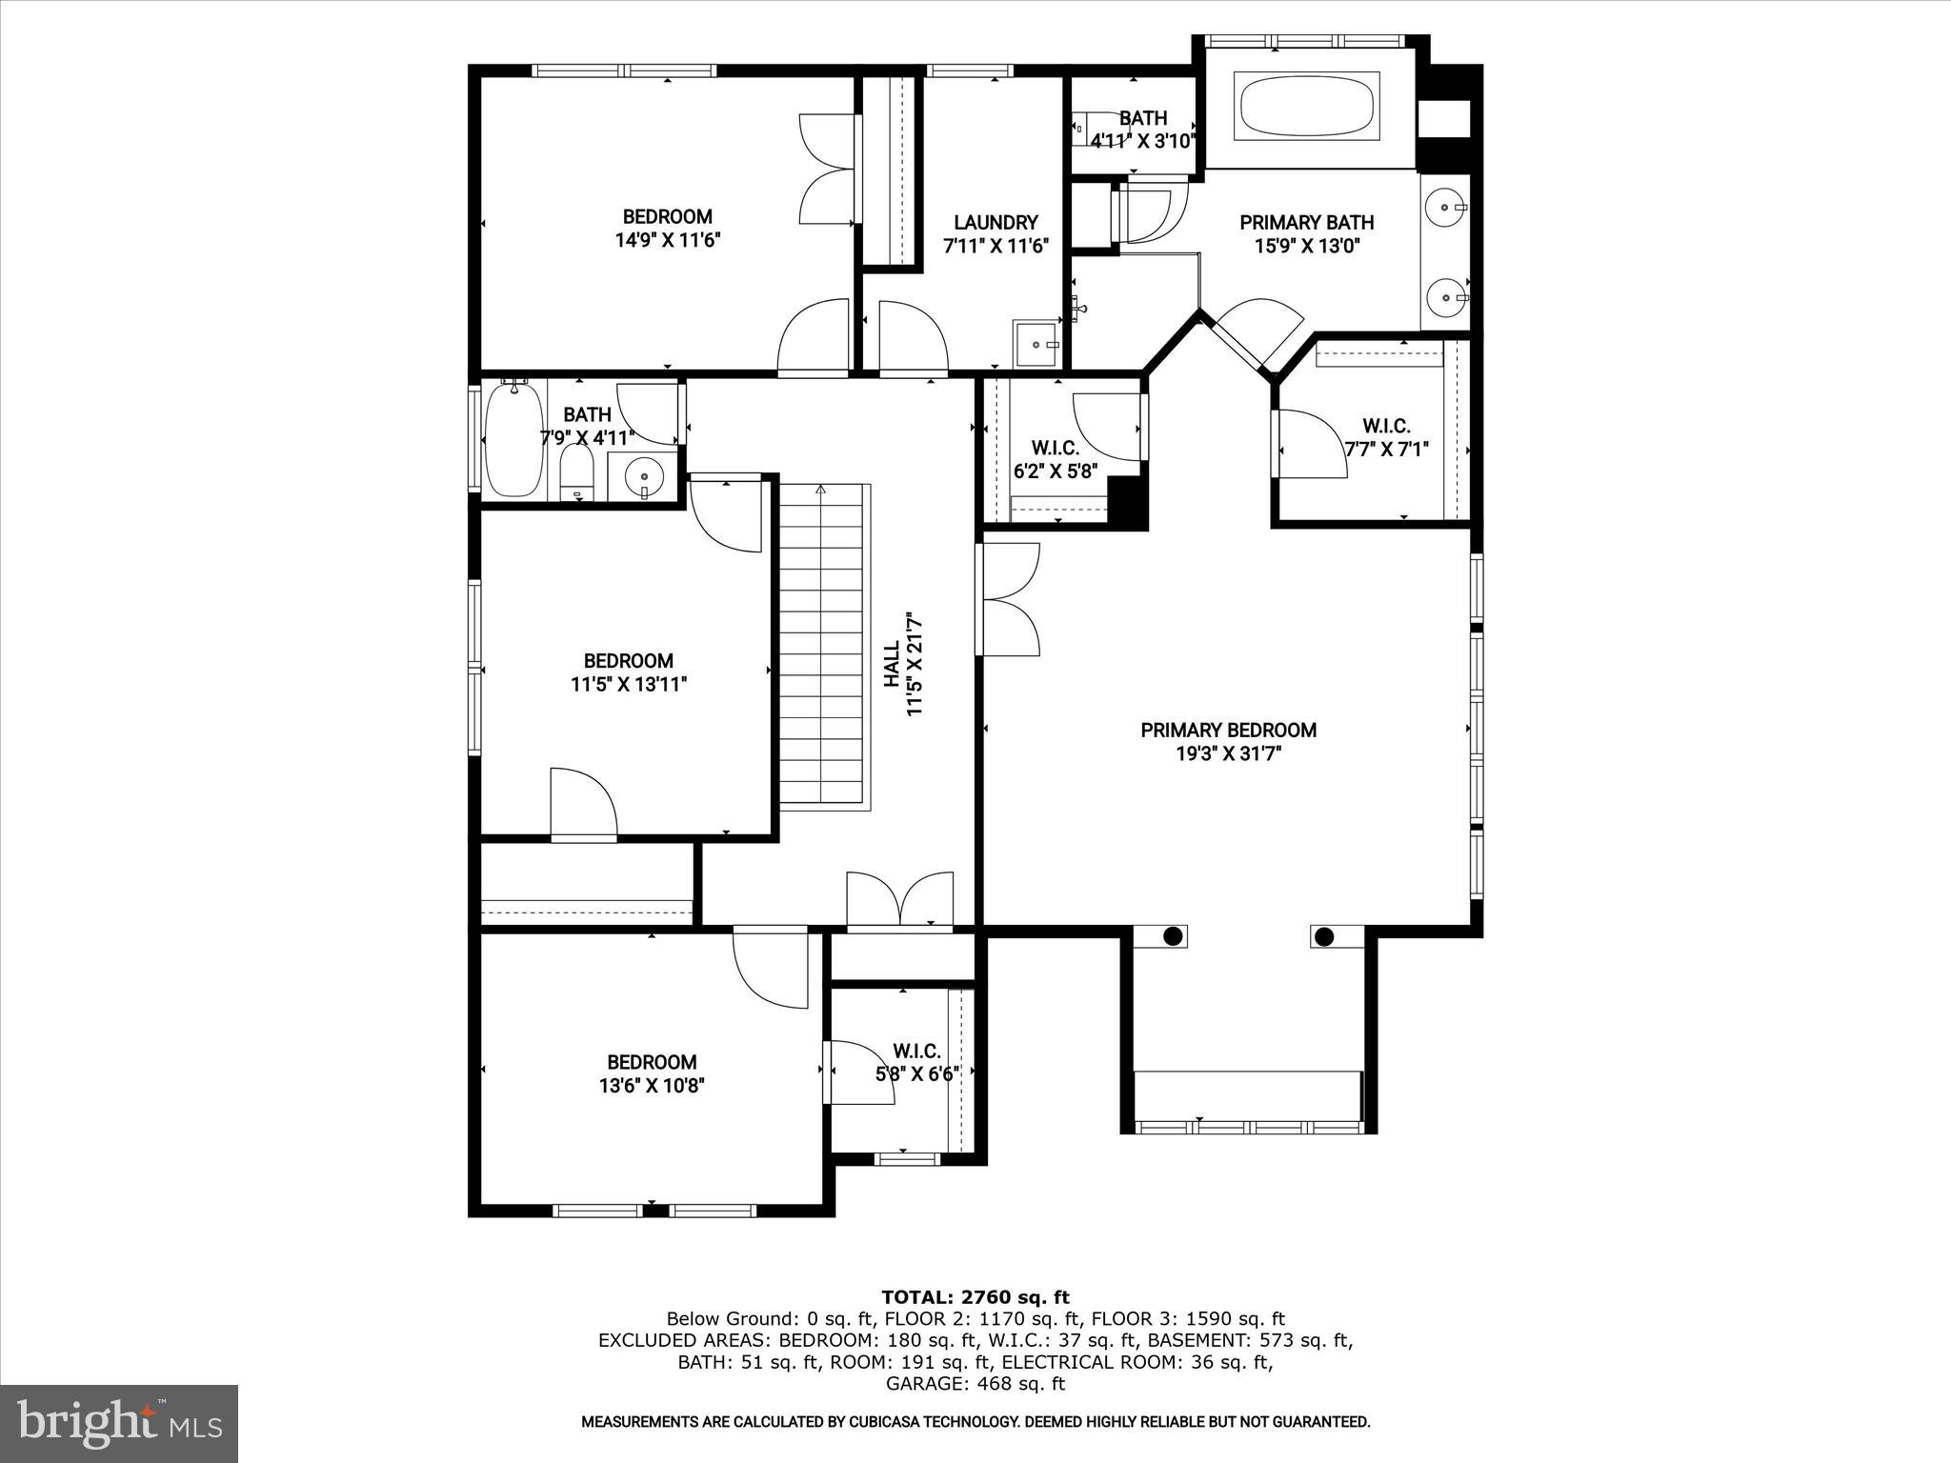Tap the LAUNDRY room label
pyautogui.click(x=996, y=223)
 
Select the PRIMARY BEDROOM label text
pyautogui.click(x=1228, y=731)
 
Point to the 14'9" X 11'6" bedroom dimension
pyautogui.click(x=667, y=240)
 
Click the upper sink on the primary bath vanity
pyautogui.click(x=1447, y=206)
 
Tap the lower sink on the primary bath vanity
pyautogui.click(x=1447, y=297)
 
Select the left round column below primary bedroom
pyautogui.click(x=1173, y=936)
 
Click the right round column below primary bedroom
pyautogui.click(x=1323, y=937)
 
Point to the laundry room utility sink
pyautogui.click(x=1035, y=344)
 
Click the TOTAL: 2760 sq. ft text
pyautogui.click(x=975, y=1297)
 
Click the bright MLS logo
pyautogui.click(x=119, y=1423)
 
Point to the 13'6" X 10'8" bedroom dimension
pyautogui.click(x=652, y=1086)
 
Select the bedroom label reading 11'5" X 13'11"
pyautogui.click(x=629, y=684)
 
